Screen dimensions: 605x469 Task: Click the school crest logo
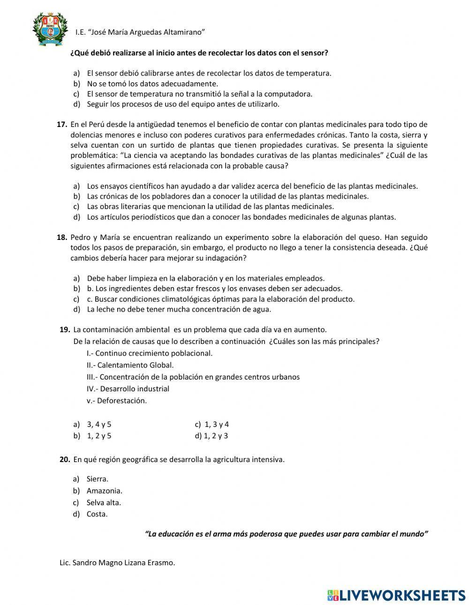[x=47, y=29]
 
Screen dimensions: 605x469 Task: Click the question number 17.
[x=62, y=125]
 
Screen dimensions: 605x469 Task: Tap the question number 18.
[x=62, y=238]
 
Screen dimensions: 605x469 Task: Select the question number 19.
[x=65, y=329]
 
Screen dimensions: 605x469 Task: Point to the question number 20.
[x=65, y=460]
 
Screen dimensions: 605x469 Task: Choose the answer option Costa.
[x=97, y=514]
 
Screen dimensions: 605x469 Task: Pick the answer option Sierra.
[x=97, y=479]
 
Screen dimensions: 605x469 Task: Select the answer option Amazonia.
[x=104, y=491]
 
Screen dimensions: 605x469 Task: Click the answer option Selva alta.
[x=104, y=502]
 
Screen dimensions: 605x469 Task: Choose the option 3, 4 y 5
[x=99, y=425]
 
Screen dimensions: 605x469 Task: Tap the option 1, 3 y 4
[x=216, y=425]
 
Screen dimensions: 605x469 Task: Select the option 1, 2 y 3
[x=216, y=436]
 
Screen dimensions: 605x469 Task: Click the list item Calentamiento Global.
[x=135, y=365]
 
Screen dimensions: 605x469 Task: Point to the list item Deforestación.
[x=121, y=401]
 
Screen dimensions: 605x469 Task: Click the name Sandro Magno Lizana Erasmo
[x=123, y=563]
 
